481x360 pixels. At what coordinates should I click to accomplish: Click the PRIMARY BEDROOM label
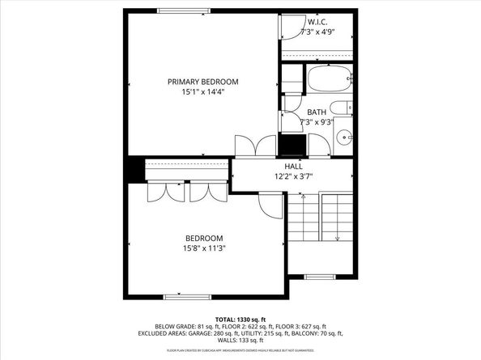pyautogui.click(x=202, y=81)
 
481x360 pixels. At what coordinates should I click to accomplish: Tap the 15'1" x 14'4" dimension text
pyautogui.click(x=202, y=91)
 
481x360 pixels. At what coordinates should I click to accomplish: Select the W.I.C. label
pyautogui.click(x=317, y=22)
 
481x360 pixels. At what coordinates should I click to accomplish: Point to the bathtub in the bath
pyautogui.click(x=329, y=80)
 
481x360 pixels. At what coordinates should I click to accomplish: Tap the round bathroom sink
pyautogui.click(x=343, y=137)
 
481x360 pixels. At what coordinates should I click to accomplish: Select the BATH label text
pyautogui.click(x=317, y=112)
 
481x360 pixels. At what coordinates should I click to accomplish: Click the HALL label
pyautogui.click(x=293, y=165)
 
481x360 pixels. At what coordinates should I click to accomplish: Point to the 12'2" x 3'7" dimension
pyautogui.click(x=293, y=175)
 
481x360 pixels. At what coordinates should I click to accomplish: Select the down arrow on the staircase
pyautogui.click(x=337, y=238)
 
